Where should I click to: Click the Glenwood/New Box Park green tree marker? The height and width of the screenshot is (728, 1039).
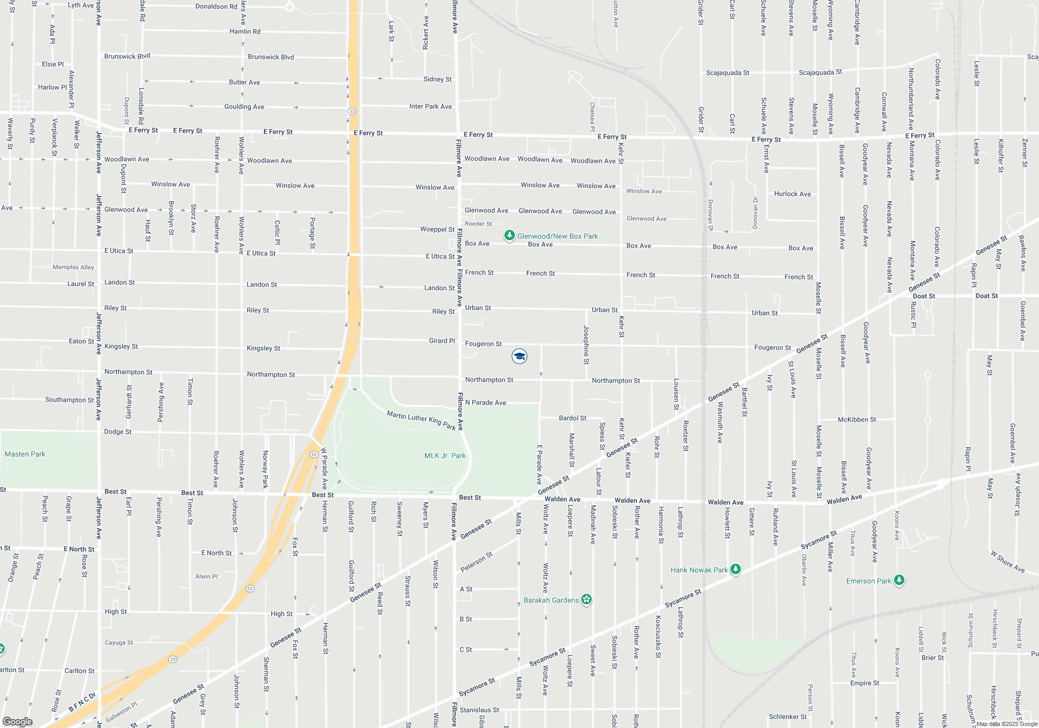[510, 236]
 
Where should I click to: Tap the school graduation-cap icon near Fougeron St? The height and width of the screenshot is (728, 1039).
[519, 356]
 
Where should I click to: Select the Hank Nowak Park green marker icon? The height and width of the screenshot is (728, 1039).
[735, 569]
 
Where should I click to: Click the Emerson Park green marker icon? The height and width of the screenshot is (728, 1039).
[899, 580]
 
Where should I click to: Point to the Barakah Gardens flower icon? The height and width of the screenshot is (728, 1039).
[587, 600]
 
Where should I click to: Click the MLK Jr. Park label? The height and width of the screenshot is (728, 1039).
[445, 456]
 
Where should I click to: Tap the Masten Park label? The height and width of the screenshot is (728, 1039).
[25, 454]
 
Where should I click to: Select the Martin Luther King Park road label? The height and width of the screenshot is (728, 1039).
[421, 420]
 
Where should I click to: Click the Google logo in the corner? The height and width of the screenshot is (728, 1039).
[18, 721]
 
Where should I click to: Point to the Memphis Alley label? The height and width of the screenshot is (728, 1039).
[73, 267]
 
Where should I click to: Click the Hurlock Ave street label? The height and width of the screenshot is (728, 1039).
[792, 194]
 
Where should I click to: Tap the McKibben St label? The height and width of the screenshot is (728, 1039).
[857, 420]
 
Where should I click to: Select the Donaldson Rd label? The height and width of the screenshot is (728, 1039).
[216, 6]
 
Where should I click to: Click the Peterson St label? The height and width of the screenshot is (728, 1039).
[476, 562]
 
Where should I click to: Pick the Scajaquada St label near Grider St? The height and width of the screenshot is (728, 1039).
[727, 73]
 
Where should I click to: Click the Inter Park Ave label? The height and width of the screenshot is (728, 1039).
[430, 107]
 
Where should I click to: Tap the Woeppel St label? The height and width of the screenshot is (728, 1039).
[437, 229]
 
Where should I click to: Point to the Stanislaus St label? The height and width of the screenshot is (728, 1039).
[479, 710]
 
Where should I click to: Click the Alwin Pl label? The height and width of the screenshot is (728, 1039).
[206, 576]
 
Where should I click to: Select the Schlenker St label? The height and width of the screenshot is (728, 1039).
[787, 717]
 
